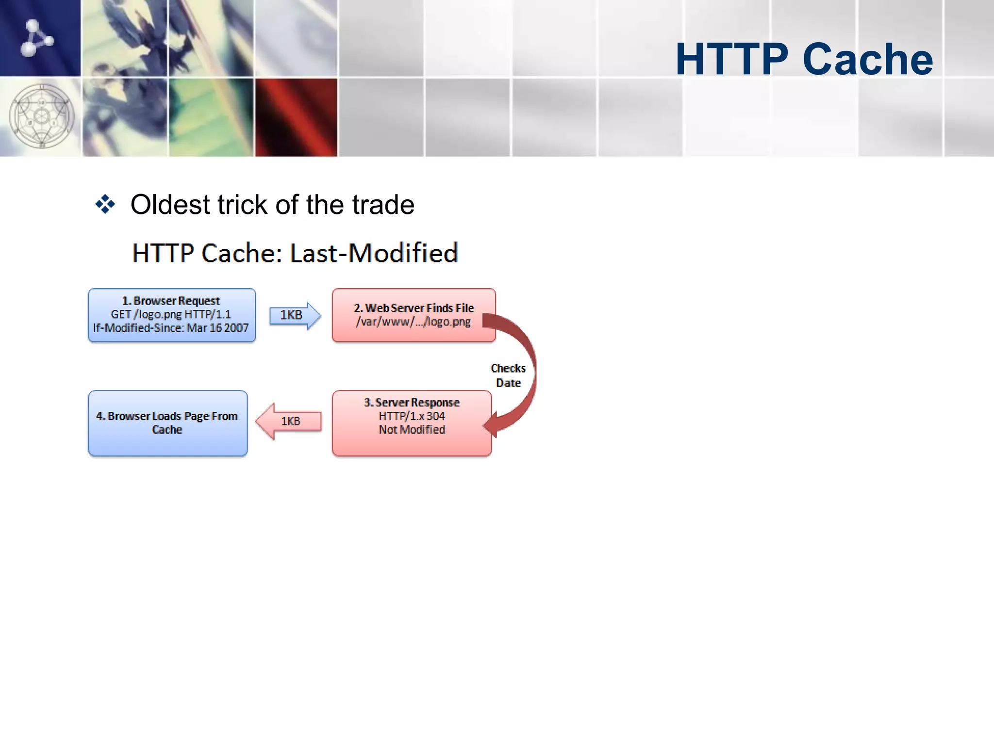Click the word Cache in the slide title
(867, 59)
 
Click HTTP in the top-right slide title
(731, 59)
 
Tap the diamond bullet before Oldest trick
(105, 204)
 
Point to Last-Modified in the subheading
(374, 253)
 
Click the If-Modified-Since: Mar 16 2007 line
(171, 328)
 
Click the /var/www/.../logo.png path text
(413, 322)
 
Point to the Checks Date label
(508, 375)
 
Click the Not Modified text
(412, 430)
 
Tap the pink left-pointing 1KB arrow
(289, 421)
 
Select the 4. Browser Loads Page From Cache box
(167, 423)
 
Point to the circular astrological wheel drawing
(42, 116)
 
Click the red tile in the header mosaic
(296, 117)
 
